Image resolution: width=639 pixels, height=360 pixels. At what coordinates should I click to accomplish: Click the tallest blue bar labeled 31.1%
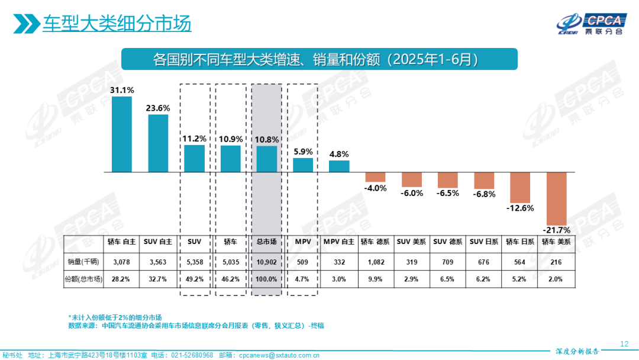(122, 134)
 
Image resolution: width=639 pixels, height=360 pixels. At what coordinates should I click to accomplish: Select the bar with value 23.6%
(158, 143)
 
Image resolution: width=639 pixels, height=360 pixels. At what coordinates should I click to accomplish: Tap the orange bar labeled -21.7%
(557, 198)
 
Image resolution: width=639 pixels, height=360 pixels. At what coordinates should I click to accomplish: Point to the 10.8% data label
(267, 139)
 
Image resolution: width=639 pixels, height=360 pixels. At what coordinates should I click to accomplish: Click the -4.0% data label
(376, 188)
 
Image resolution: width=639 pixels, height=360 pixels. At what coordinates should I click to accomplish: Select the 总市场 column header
(267, 242)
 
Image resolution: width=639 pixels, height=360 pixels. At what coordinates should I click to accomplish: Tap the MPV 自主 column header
(339, 242)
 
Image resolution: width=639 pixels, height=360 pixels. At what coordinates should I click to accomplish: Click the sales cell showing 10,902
(267, 261)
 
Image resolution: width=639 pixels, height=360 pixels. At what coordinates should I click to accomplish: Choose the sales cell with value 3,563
(159, 261)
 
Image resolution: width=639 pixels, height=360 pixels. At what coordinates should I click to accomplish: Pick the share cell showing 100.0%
(267, 279)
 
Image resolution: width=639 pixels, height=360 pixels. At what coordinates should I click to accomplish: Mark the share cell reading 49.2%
(195, 279)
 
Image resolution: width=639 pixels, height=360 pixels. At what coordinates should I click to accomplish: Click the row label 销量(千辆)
(83, 261)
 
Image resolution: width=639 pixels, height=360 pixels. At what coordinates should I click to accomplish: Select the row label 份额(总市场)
(83, 279)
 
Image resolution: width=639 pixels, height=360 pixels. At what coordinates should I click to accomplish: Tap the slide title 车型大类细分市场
(117, 24)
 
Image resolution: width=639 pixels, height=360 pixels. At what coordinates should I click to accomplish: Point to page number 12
(624, 344)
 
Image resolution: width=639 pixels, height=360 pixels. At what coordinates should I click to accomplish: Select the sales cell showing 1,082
(376, 261)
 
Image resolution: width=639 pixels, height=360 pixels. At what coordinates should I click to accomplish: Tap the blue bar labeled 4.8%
(339, 166)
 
